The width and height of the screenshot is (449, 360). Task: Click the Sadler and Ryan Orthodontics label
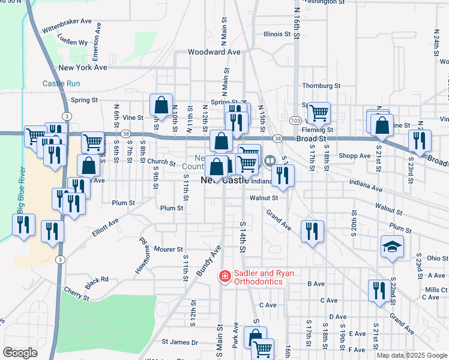[264, 277]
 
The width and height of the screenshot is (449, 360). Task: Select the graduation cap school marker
[391, 247]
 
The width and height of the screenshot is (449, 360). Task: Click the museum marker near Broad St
[270, 160]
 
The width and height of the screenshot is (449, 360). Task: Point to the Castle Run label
[61, 83]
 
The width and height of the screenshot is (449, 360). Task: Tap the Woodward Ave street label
[214, 52]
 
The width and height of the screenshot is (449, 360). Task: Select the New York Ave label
[83, 68]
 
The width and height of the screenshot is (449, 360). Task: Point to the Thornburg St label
[321, 86]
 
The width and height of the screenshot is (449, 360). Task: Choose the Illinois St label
[277, 34]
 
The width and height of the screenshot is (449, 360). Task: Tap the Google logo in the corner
[20, 353]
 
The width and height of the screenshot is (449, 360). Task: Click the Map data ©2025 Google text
[412, 355]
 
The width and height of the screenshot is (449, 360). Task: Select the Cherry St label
[77, 294]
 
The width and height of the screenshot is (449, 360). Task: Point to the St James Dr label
[179, 342]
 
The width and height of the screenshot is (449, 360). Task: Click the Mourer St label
[168, 249]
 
